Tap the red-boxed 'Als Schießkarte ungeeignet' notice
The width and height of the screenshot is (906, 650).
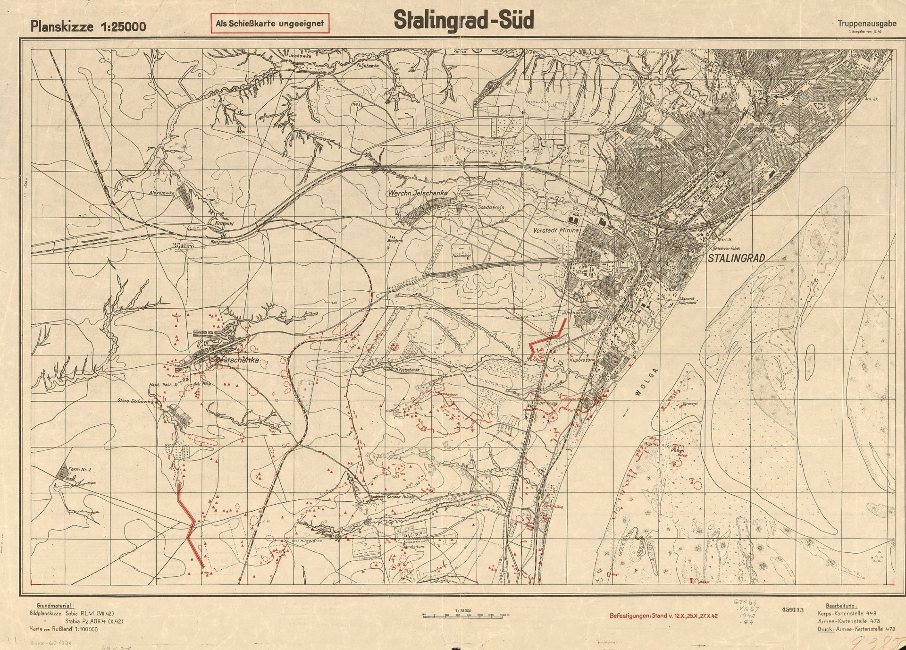[x=269, y=24]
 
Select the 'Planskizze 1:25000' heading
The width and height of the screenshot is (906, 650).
[x=88, y=26]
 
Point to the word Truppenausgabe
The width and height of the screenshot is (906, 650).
[x=867, y=24]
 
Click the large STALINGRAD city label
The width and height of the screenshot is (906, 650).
[x=736, y=258]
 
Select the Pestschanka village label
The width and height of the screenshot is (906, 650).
[x=237, y=360]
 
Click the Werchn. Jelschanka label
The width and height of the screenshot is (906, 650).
[x=418, y=193]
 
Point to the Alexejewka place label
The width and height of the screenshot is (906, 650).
[x=161, y=193]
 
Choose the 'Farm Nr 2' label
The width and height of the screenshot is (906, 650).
[x=79, y=470]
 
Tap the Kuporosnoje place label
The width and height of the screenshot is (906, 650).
[x=584, y=360]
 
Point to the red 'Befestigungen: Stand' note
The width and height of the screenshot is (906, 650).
[x=663, y=616]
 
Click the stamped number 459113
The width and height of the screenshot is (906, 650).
[x=792, y=609]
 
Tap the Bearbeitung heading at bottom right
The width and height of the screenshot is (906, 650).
[x=841, y=606]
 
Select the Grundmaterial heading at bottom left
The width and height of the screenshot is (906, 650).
[x=55, y=606]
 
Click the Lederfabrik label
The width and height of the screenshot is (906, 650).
[x=574, y=161]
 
